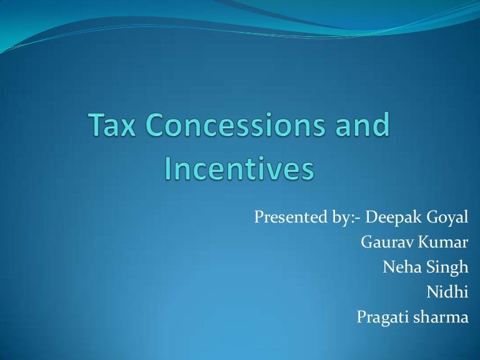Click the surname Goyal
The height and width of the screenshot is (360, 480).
tap(445, 219)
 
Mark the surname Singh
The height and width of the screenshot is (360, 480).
tap(447, 268)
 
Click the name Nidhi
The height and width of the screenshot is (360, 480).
tap(447, 292)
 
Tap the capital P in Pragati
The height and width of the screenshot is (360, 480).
tap(361, 317)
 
